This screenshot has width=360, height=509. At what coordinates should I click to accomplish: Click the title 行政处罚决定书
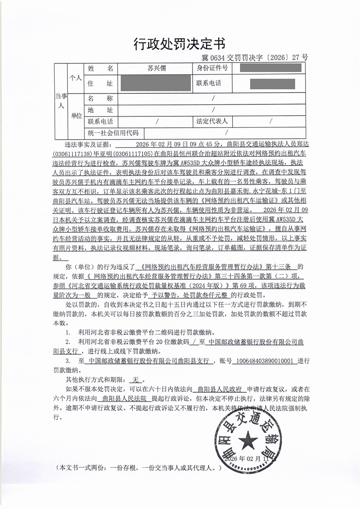[180, 44]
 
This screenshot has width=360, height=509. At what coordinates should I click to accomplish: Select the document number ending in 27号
[255, 57]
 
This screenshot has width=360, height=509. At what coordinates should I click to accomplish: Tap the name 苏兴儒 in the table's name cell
[157, 68]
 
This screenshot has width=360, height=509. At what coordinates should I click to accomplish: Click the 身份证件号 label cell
[212, 68]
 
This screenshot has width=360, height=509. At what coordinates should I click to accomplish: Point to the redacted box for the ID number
[270, 68]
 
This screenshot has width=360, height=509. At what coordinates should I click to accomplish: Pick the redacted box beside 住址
[156, 83]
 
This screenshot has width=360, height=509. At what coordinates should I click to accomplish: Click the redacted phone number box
[272, 84]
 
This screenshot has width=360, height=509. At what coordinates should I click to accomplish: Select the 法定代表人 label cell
[212, 121]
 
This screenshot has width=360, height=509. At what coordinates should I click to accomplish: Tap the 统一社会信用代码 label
[113, 133]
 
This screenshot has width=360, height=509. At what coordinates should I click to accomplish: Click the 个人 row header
[75, 78]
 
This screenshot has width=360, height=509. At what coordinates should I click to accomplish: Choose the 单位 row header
[76, 116]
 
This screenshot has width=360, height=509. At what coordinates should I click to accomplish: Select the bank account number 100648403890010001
[265, 361]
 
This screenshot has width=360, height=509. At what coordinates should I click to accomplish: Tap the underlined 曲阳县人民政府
[220, 389]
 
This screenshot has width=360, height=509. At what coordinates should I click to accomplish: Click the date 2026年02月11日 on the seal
[250, 459]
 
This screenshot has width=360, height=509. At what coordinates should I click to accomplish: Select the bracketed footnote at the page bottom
[139, 468]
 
